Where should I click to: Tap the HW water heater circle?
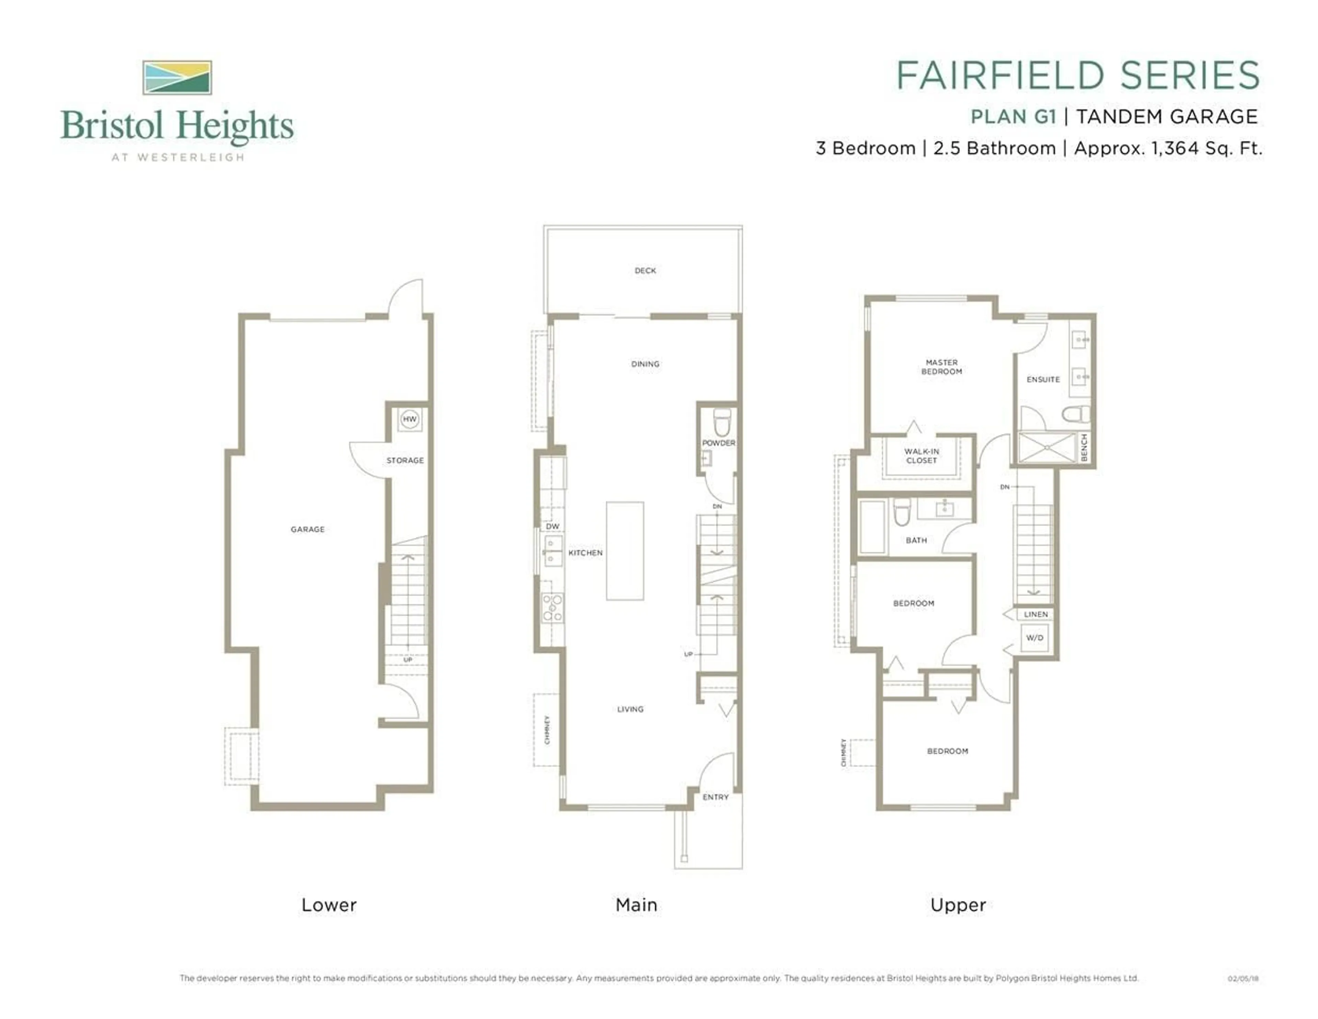[x=410, y=419]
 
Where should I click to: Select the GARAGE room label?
[x=308, y=529]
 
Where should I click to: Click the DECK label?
[x=645, y=271]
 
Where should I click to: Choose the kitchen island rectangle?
[x=625, y=551]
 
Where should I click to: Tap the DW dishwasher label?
[x=552, y=526]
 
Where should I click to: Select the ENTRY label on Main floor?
[x=716, y=798]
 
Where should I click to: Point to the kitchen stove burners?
[x=552, y=608]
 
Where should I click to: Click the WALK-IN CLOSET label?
[x=922, y=456]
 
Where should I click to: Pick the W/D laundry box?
[x=1034, y=638]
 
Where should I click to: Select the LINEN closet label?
[x=1036, y=614]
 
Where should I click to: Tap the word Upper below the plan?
[x=958, y=905]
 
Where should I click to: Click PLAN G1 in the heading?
[x=1013, y=116]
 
